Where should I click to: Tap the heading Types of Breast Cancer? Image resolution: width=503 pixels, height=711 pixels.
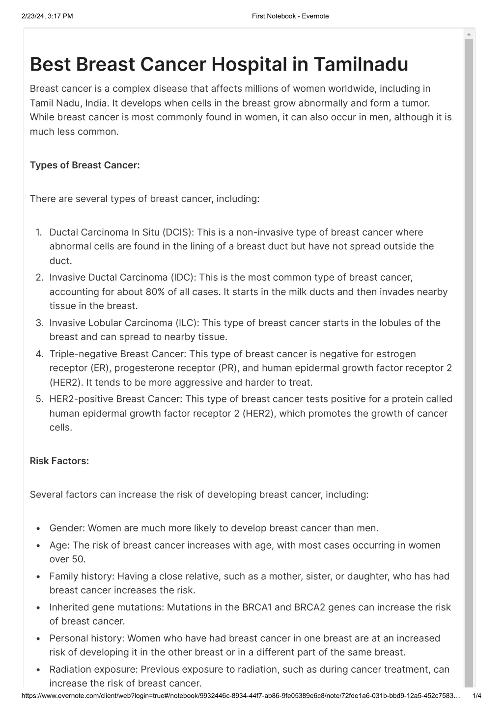pos(85,165)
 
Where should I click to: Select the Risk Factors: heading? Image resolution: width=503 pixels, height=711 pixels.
pos(59,461)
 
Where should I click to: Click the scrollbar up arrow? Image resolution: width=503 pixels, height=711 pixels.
pos(469,34)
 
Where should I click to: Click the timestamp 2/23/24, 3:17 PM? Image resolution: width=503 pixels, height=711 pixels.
pos(47,16)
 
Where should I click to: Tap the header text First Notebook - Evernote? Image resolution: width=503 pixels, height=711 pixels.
pos(290,16)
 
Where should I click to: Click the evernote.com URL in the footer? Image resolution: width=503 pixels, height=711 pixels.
pos(240,696)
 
